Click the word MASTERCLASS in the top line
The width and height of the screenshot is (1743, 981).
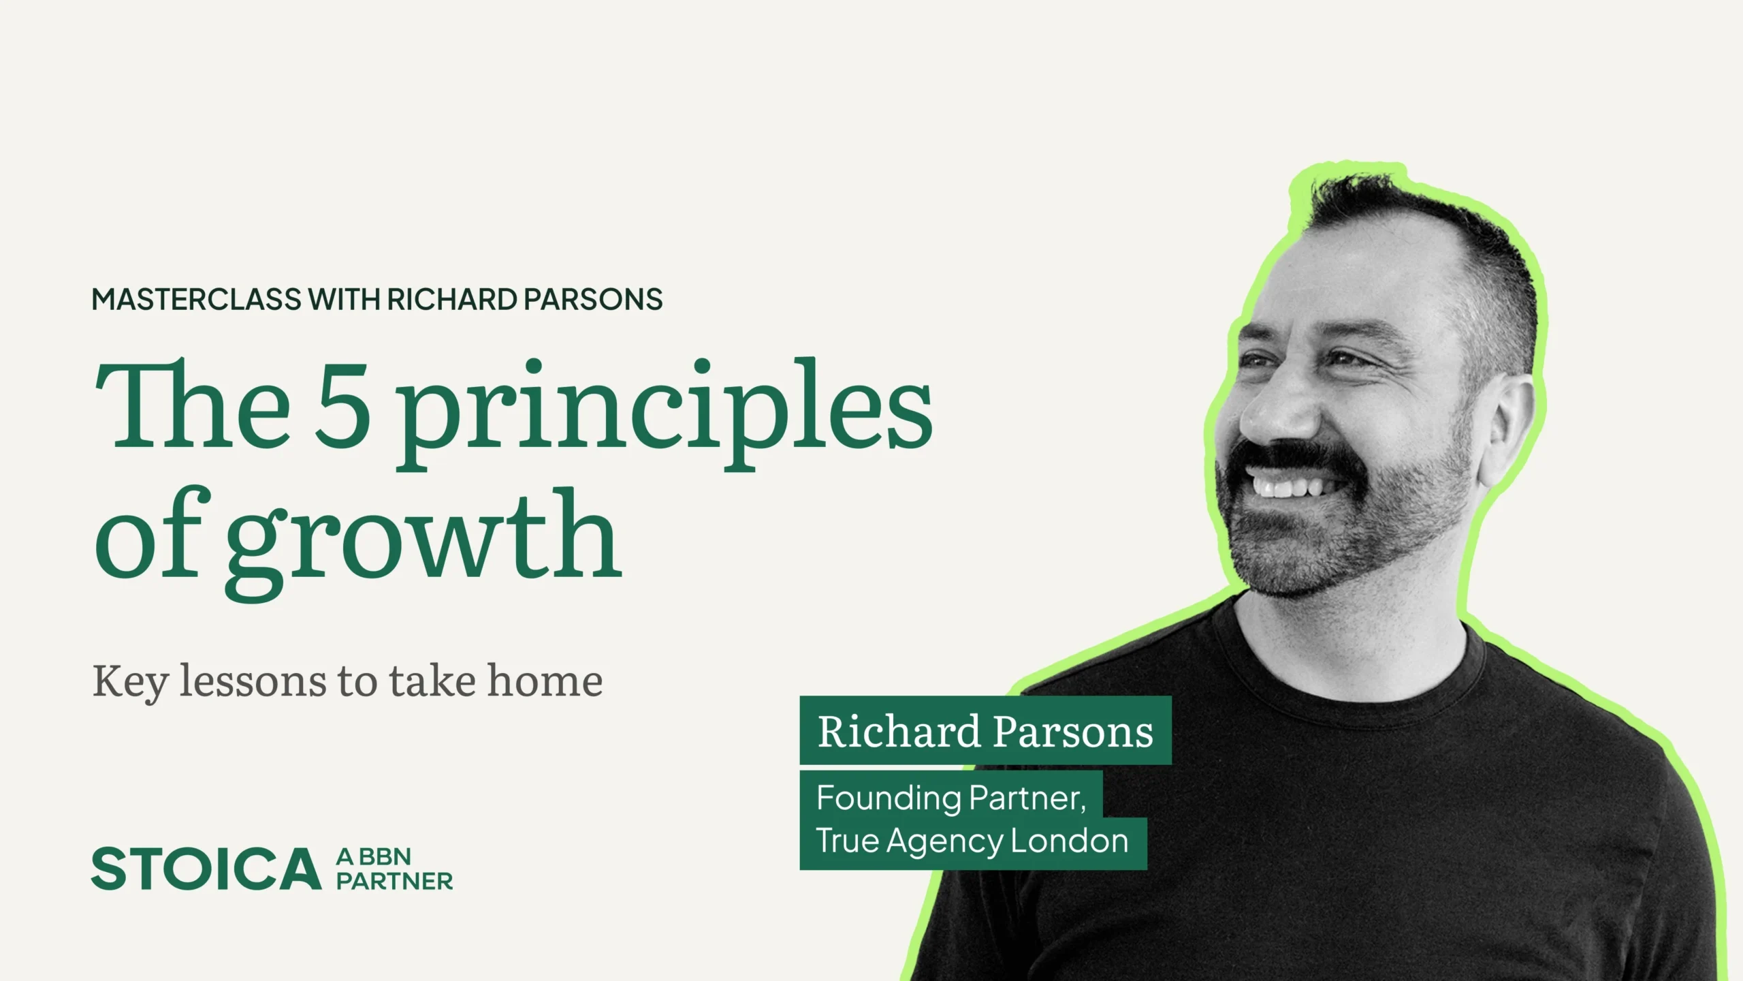click(197, 300)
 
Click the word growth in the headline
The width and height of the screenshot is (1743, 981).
click(423, 542)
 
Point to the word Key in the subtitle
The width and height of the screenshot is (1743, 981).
click(130, 681)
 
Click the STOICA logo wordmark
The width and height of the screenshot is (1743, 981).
click(206, 869)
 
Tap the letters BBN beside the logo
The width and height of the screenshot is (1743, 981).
click(385, 856)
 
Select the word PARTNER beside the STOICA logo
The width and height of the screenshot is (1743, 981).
click(395, 881)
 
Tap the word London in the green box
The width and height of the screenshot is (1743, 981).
click(1070, 841)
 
